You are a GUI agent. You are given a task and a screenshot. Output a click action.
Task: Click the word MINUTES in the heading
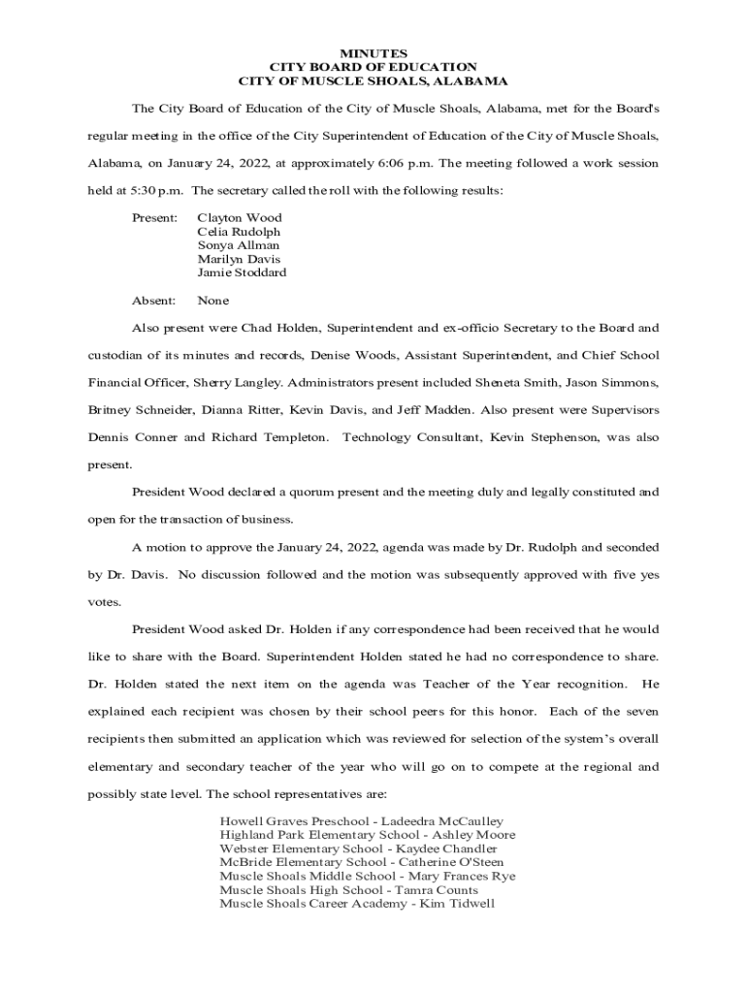(373, 52)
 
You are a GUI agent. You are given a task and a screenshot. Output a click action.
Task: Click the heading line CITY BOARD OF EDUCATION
(373, 67)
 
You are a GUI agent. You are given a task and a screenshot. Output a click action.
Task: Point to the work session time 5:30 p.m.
(152, 190)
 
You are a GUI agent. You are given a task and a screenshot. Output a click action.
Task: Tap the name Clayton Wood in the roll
(240, 218)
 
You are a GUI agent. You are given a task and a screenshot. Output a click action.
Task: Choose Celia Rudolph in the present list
(239, 232)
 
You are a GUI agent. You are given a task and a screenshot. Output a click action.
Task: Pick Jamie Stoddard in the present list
(242, 272)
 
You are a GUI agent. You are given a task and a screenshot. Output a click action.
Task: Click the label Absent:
(153, 301)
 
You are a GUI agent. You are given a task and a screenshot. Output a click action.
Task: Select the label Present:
(154, 218)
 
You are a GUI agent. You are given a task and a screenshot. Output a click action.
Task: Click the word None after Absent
(212, 301)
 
